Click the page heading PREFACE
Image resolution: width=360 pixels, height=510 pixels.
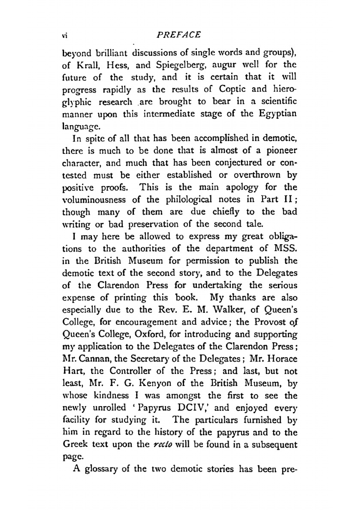pos(179,35)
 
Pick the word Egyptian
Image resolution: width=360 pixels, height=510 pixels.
pos(278,114)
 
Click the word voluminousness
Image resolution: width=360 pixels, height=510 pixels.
pos(94,200)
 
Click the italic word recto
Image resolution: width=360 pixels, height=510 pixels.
pos(161,445)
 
